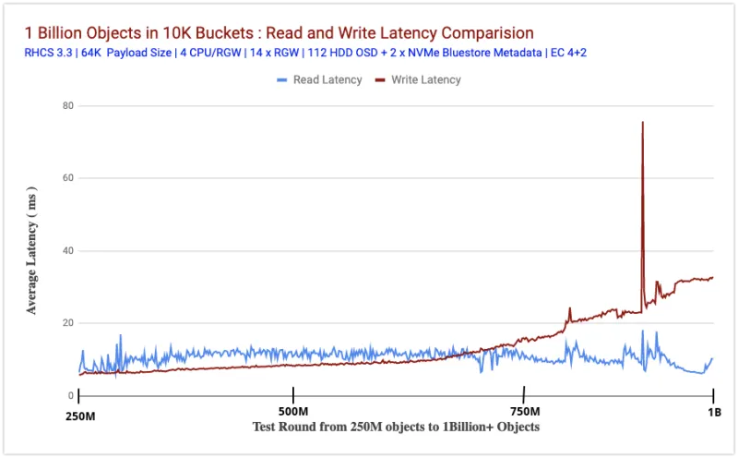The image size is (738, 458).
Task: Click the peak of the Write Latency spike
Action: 642,123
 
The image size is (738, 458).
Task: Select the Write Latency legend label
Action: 426,80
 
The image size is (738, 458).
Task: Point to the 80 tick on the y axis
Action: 68,105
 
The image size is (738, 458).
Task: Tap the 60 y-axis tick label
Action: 68,178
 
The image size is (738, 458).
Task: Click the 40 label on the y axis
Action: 68,251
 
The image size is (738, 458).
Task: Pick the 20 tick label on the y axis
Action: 68,323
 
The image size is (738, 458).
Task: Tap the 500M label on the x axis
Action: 293,412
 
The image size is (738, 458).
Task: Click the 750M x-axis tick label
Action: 524,412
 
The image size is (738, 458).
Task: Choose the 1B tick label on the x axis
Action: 713,412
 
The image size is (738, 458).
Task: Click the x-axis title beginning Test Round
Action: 396,428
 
